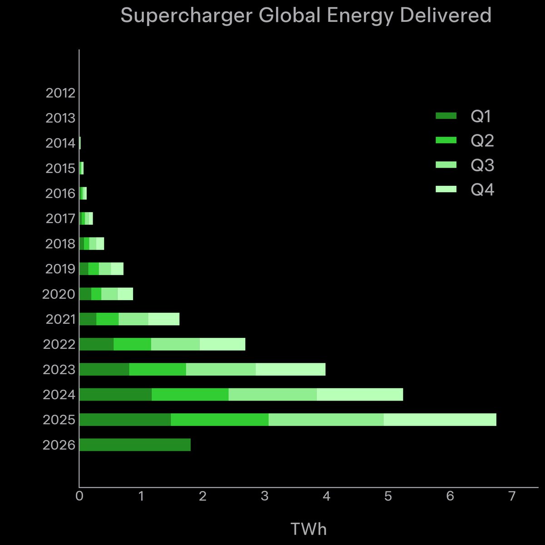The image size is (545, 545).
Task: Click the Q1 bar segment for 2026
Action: (135, 445)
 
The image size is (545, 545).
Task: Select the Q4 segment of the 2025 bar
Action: (440, 420)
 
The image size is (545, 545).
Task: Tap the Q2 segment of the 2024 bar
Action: (190, 395)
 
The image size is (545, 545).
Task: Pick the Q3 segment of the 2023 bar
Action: (221, 369)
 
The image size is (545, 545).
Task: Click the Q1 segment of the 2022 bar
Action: (96, 344)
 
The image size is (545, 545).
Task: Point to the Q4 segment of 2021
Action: (163, 319)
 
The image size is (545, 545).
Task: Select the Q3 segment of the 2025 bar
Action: (326, 420)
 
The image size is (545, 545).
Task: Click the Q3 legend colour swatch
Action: (446, 165)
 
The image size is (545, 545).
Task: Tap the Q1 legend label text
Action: (481, 117)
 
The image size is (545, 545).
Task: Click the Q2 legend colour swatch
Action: (446, 141)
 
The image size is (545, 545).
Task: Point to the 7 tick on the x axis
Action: (512, 496)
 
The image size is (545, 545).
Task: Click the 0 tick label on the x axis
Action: (79, 496)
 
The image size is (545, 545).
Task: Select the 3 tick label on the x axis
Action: (265, 496)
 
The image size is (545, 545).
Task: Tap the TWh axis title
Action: (308, 529)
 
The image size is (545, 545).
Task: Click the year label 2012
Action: (60, 93)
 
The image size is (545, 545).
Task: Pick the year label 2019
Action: (60, 269)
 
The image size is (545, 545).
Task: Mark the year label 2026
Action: (59, 445)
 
